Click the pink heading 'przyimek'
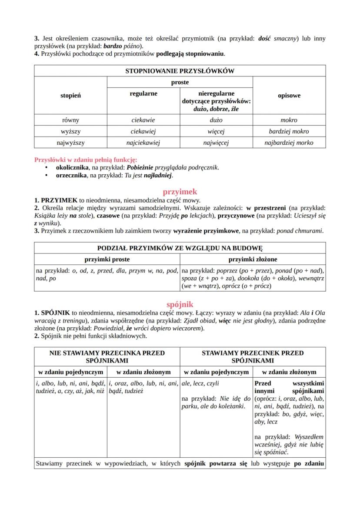click(180, 192)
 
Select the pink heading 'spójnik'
click(180, 304)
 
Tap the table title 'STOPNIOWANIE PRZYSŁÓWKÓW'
click(180, 71)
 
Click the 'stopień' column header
click(70, 96)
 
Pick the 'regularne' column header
click(143, 93)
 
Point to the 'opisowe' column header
click(289, 96)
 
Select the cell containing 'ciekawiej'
click(143, 131)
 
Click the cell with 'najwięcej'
click(216, 143)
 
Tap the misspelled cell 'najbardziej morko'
click(289, 143)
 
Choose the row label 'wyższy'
click(70, 131)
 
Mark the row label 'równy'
click(70, 120)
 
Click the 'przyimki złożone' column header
click(253, 259)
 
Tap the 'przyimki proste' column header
click(107, 259)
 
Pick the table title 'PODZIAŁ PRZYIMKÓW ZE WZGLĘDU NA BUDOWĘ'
click(180, 248)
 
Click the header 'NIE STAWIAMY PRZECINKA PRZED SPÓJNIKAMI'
click(107, 357)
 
